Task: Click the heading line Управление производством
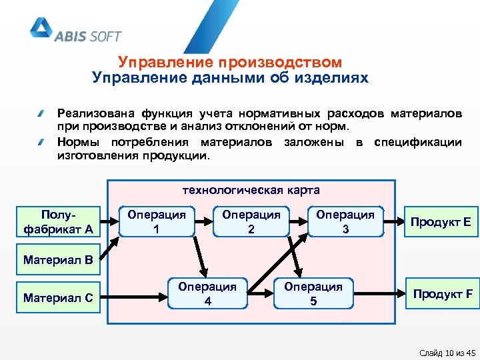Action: [230, 62]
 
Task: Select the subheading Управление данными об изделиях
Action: [230, 78]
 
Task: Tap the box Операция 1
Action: [157, 221]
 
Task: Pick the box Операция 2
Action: [251, 221]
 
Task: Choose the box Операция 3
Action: [345, 221]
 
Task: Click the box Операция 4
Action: [207, 293]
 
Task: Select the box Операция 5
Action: [313, 293]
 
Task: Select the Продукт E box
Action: [441, 221]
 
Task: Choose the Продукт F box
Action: [443, 293]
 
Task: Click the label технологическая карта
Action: [251, 190]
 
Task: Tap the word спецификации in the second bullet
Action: [418, 142]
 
